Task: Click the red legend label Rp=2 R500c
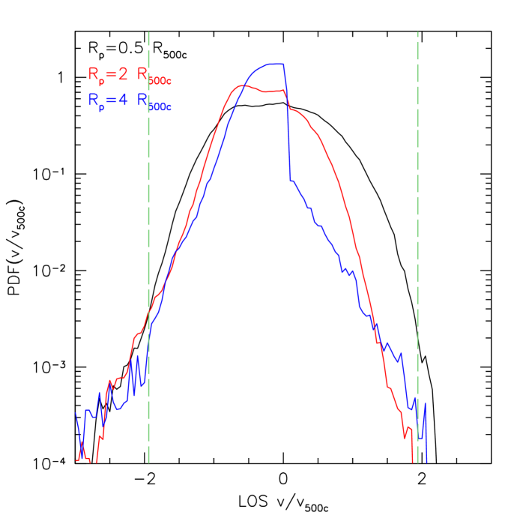point(131,75)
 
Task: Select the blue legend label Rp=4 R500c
point(131,102)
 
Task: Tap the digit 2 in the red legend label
point(122,73)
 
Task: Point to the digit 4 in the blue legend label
point(122,100)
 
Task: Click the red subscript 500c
point(166,79)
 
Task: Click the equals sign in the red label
point(110,74)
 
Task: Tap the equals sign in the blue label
point(110,101)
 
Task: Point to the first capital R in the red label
point(93,73)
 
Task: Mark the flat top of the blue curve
point(273,64)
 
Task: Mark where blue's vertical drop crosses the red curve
point(286,92)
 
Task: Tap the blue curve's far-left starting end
point(76,412)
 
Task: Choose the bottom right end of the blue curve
point(427,460)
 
